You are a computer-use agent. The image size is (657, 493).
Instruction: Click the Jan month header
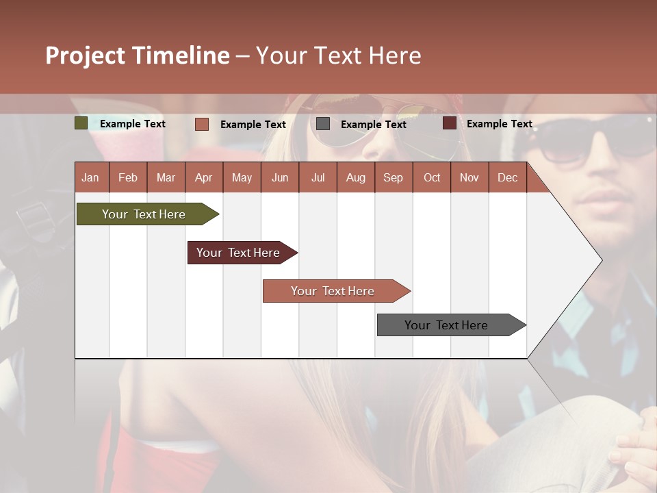(90, 177)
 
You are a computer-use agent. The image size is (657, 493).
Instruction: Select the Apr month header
(203, 177)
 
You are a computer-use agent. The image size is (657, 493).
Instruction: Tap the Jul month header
(318, 177)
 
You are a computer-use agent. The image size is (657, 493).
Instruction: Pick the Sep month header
(393, 177)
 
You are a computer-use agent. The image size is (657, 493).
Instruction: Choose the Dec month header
(507, 177)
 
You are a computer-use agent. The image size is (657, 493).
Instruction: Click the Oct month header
(432, 177)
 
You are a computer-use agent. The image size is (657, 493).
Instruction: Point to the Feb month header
(128, 177)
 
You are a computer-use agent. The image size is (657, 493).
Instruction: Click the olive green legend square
(81, 123)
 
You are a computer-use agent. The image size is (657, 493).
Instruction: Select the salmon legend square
(202, 124)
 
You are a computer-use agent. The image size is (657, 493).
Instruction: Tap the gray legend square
(323, 124)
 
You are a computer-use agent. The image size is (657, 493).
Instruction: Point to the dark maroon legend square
(450, 123)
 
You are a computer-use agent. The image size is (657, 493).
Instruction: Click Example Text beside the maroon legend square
(499, 124)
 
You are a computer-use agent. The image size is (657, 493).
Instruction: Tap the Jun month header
(280, 177)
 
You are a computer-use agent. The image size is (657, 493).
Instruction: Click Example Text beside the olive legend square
(133, 124)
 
